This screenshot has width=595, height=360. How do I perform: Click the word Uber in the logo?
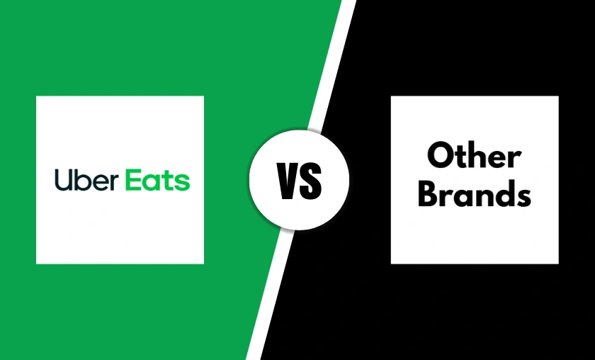tap(84, 180)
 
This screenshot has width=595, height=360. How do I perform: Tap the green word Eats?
tap(158, 180)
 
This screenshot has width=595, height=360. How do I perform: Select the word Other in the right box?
tap(474, 156)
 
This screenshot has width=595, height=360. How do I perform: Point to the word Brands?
tap(474, 193)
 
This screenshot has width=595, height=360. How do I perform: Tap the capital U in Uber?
tap(62, 180)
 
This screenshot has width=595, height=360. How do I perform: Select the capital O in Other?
tap(441, 156)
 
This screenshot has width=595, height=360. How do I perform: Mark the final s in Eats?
tap(183, 182)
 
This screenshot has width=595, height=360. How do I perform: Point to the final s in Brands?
tap(522, 196)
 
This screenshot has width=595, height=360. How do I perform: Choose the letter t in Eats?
tap(169, 181)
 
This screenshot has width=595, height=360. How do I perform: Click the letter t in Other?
tap(460, 157)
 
